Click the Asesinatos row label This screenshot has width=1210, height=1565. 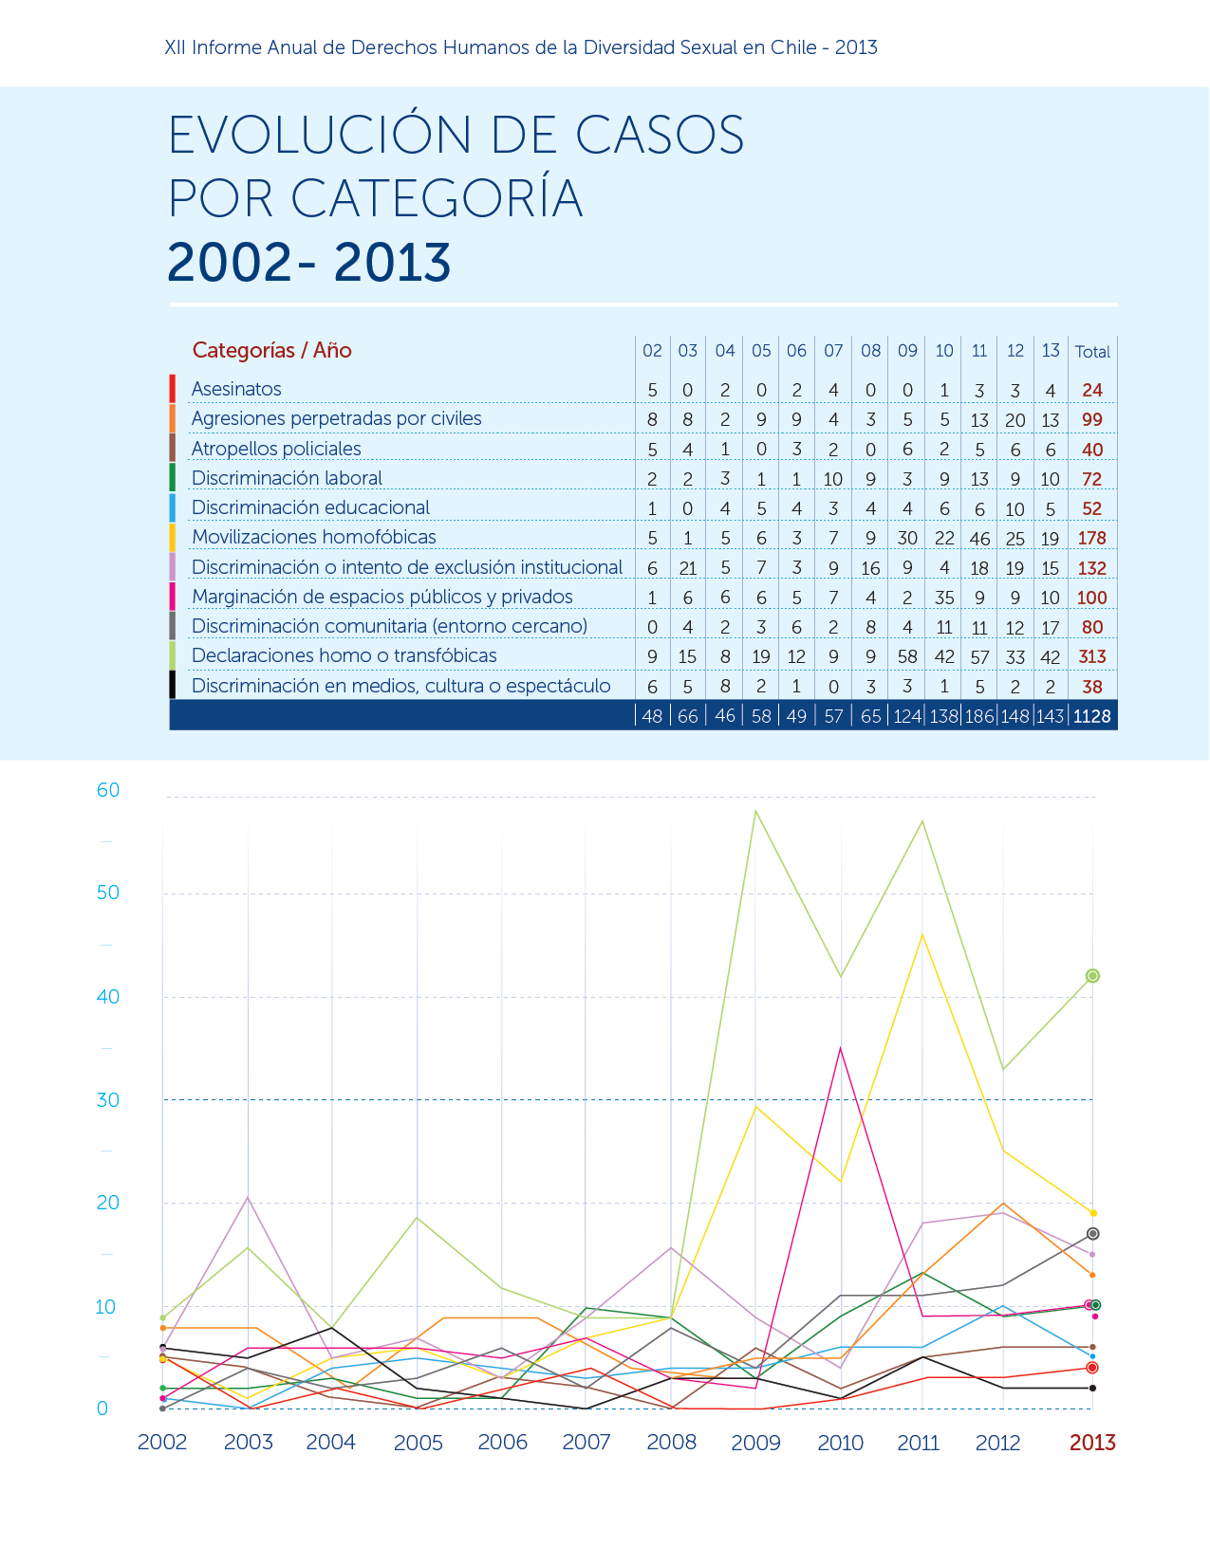pos(236,389)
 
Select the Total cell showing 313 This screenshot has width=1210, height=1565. pos(1091,656)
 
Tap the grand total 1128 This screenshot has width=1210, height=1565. pos(1091,716)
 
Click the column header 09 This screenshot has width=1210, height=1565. pos(907,351)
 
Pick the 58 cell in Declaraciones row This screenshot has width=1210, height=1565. pos(907,656)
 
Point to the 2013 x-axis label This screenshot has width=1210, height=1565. pos(1092,1442)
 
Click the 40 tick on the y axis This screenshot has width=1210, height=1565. pos(108,997)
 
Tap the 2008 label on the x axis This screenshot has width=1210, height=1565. pos(671,1442)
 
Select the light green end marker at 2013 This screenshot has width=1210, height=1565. pos(1092,976)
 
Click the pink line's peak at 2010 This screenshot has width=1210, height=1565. pos(840,1048)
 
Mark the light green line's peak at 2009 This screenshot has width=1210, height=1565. pos(755,811)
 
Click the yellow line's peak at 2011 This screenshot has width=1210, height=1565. pos(922,935)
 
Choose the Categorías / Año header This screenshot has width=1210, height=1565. pos(271,351)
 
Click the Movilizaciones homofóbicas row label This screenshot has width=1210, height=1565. pos(314,537)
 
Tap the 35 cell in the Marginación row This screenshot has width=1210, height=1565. pos(944,598)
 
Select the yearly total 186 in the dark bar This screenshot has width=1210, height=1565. pos(979,716)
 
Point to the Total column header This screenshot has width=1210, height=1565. pos(1092,352)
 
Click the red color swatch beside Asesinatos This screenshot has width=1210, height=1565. pos(172,388)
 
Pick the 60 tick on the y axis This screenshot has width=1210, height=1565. pos(108,790)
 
